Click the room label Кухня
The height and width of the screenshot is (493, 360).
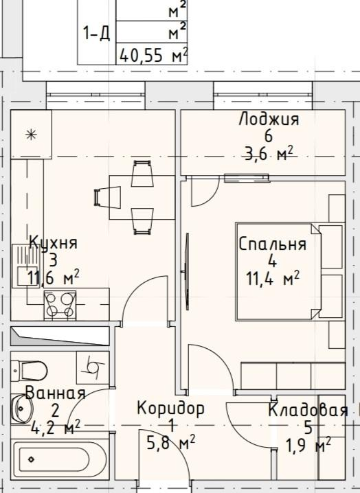click(53, 242)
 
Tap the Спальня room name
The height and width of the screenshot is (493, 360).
click(272, 244)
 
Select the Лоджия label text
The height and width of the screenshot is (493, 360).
click(269, 119)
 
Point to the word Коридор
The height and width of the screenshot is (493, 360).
click(170, 409)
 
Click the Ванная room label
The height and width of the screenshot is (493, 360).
click(55, 393)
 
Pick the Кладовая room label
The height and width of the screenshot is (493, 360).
click(306, 411)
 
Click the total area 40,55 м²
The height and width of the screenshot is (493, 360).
click(153, 55)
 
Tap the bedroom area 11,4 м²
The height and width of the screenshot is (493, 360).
click(272, 278)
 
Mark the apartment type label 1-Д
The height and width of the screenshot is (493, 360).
click(97, 33)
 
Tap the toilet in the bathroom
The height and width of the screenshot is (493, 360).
click(31, 370)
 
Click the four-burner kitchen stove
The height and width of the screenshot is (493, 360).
click(60, 305)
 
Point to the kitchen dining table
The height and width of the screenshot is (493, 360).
click(141, 198)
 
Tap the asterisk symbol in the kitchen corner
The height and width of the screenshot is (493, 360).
click(31, 135)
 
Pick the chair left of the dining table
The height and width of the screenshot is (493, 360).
click(104, 198)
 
